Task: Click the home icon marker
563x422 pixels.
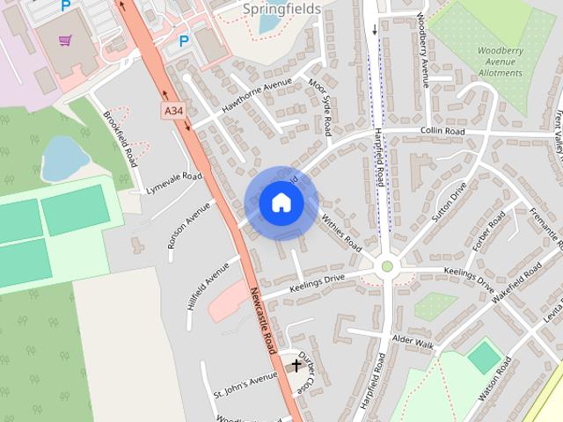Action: click(281, 202)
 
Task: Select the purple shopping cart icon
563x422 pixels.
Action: click(65, 40)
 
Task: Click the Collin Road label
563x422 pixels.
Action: click(442, 130)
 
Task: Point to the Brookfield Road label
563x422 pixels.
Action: click(121, 140)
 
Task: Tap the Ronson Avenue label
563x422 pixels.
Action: click(191, 223)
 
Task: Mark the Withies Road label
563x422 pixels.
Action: click(341, 229)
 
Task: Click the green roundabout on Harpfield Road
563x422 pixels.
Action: click(386, 266)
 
